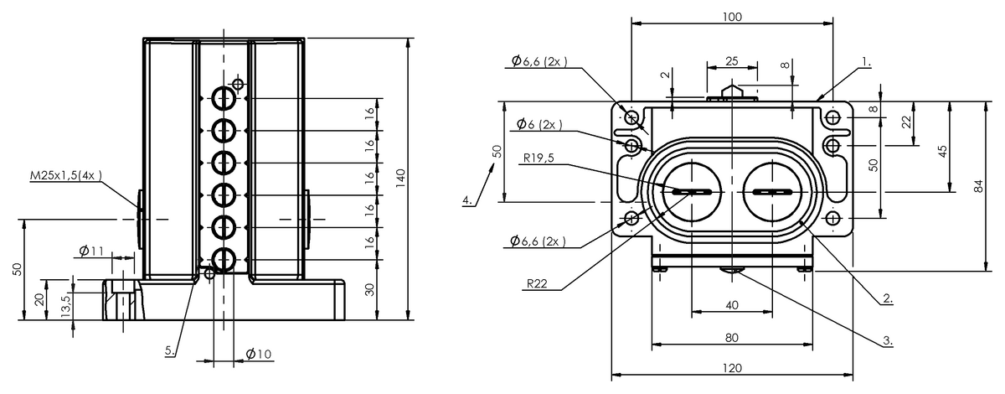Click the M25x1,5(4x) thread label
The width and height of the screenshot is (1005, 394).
65,175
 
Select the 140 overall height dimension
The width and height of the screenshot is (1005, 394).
400,179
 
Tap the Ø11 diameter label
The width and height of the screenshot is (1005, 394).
91,251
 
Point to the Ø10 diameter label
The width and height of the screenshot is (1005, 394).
259,354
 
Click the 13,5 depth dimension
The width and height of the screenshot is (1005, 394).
65,306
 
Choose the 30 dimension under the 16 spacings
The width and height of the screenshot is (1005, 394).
369,290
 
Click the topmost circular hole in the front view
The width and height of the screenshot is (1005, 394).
223,98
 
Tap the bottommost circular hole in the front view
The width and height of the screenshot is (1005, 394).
223,260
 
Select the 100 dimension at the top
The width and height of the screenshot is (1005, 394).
732,17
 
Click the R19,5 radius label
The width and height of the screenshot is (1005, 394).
539,158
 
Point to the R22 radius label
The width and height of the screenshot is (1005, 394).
537,283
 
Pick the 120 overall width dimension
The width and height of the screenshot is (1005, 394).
732,368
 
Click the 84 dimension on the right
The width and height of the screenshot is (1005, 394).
978,186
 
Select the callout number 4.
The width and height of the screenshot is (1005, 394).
467,200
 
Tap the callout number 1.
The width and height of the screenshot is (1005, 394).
866,62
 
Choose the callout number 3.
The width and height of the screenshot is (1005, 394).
888,340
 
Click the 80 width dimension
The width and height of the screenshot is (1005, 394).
732,337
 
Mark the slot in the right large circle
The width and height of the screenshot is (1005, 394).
771,192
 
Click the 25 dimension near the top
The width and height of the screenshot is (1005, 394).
732,61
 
